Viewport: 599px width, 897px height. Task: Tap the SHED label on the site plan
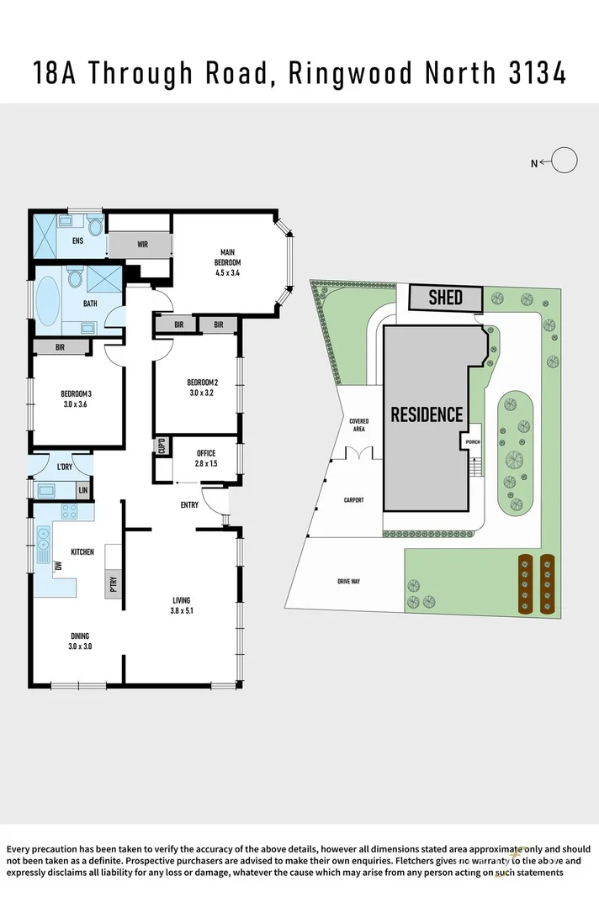click(x=446, y=298)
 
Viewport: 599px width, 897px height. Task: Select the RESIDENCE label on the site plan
click(x=427, y=414)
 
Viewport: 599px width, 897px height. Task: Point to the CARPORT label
click(x=354, y=500)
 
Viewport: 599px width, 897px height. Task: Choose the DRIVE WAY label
click(x=348, y=581)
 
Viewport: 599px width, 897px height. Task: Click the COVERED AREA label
click(x=359, y=425)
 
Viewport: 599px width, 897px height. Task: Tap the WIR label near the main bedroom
click(x=142, y=245)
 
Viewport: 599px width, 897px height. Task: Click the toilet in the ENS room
click(x=95, y=227)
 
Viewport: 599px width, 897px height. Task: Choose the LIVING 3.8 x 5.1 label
click(x=183, y=605)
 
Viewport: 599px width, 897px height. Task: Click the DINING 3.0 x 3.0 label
click(x=80, y=641)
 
